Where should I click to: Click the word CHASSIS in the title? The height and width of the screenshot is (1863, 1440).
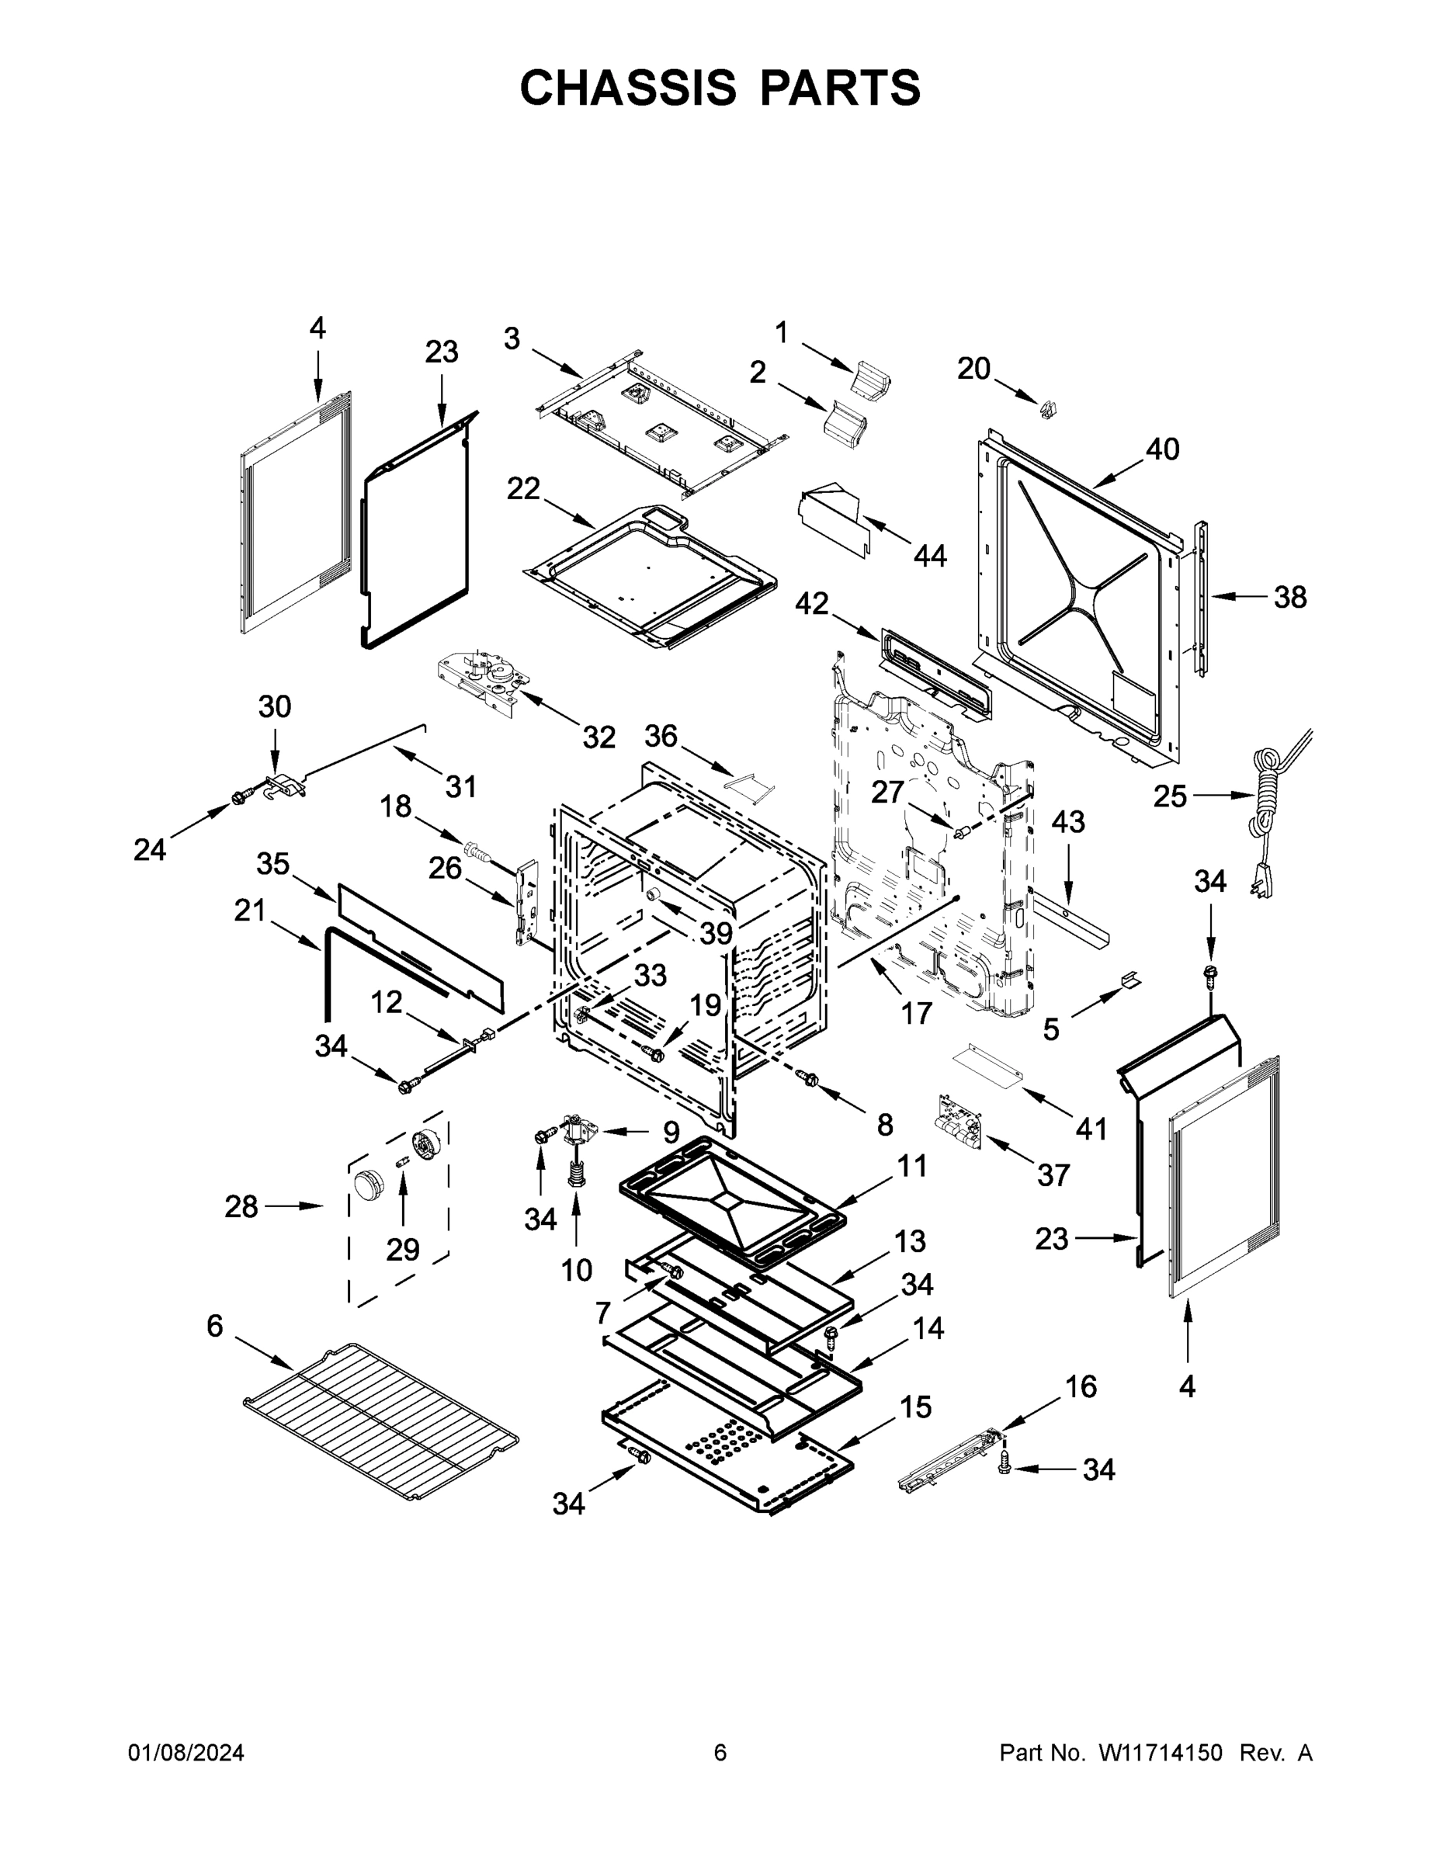click(628, 87)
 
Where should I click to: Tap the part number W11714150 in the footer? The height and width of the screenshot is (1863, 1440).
click(1161, 1753)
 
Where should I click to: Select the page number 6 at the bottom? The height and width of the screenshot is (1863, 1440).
click(720, 1753)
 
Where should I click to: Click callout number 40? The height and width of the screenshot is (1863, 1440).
click(1162, 449)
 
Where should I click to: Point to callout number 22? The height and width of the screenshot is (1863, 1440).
click(523, 489)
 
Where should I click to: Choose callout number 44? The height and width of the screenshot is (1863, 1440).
click(930, 556)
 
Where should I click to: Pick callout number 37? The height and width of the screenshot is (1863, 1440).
click(1053, 1175)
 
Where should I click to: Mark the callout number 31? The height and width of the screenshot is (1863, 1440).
click(460, 786)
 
